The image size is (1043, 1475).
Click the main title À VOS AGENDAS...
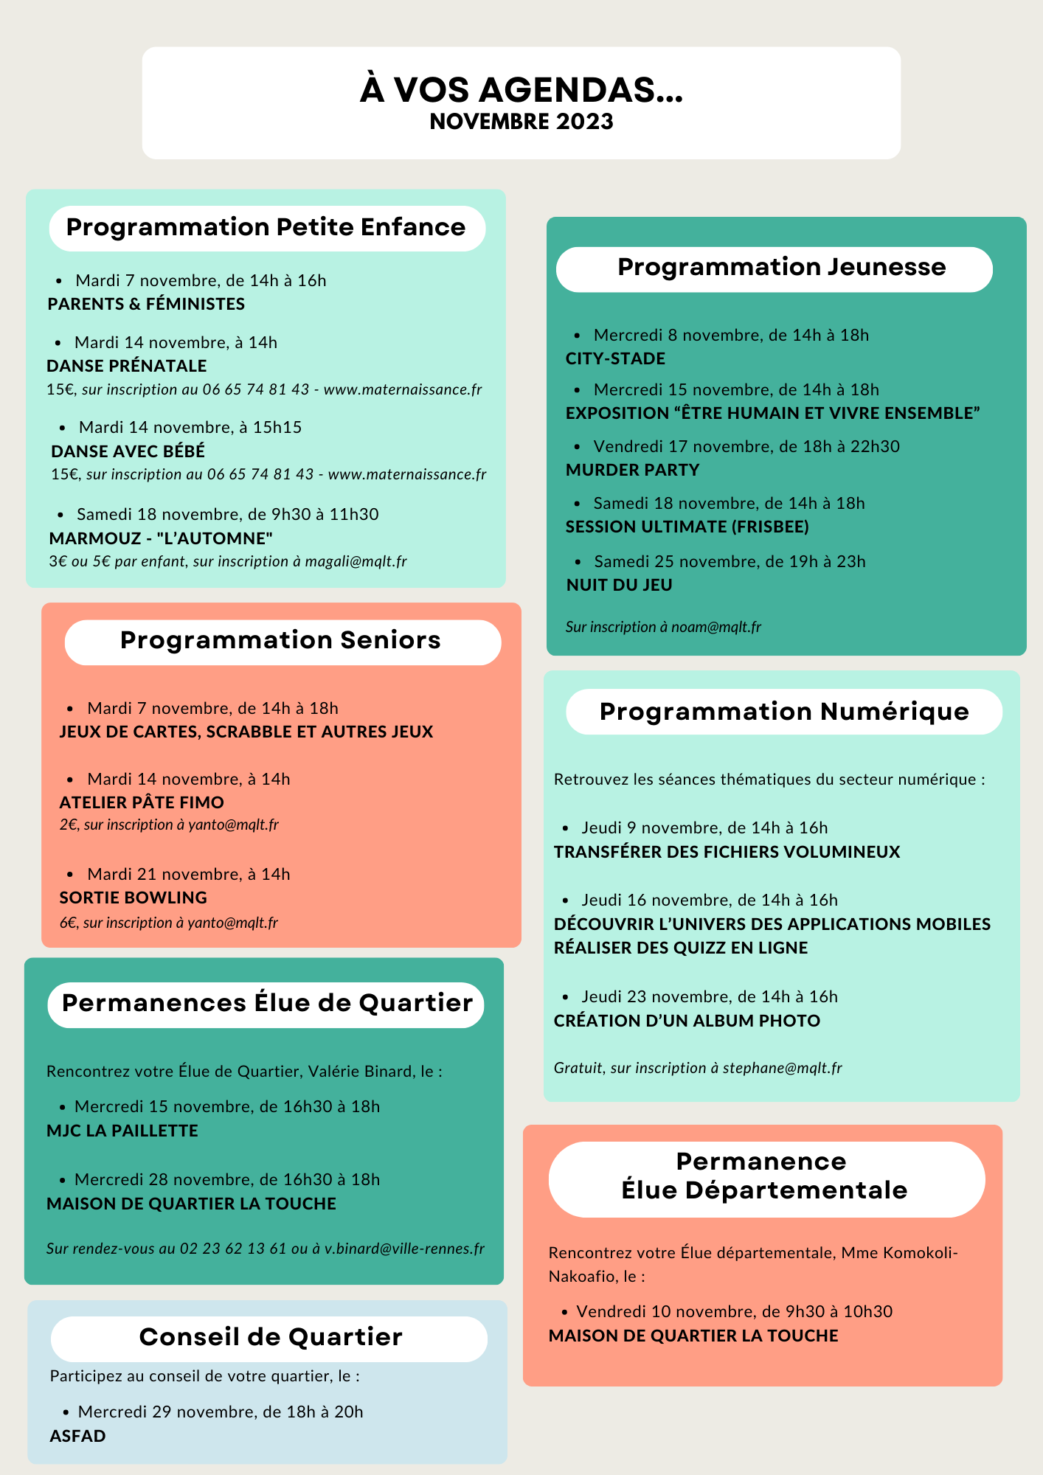pos(521,90)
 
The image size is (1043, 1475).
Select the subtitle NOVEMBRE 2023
pos(521,122)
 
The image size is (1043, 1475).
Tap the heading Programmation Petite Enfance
pos(266,227)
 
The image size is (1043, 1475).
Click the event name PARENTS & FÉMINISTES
pos(146,304)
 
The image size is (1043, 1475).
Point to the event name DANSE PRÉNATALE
pos(126,366)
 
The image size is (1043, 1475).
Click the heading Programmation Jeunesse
pos(781,267)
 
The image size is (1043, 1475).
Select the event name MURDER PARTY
pos(632,470)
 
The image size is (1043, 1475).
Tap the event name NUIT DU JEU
pos(619,585)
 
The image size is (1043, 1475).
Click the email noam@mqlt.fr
pos(715,627)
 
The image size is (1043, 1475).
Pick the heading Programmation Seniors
pos(280,640)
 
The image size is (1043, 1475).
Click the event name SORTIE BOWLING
pos(133,898)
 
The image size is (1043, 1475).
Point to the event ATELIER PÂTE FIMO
pos(142,802)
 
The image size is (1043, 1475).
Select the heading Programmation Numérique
pos(783,712)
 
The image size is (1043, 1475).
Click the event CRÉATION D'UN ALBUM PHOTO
pos(687,1021)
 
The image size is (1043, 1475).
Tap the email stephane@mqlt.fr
pos(782,1068)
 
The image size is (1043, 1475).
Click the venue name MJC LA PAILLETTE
pos(122,1131)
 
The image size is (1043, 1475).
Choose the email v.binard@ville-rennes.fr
pos(404,1249)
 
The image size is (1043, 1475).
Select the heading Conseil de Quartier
pos(271,1337)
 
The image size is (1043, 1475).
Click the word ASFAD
pos(77,1436)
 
